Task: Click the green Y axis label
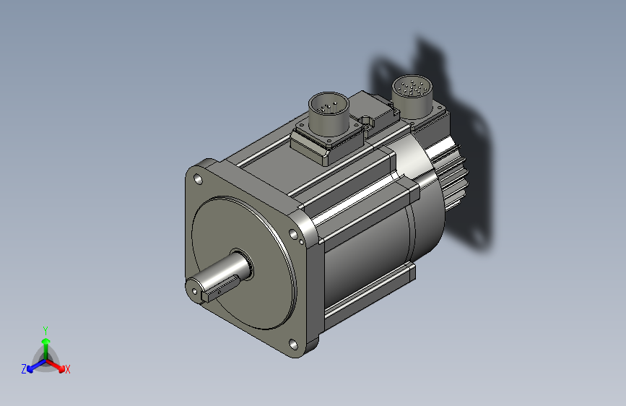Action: click(45, 331)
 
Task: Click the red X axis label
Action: click(67, 370)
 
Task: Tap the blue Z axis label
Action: click(24, 369)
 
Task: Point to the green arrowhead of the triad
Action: click(46, 341)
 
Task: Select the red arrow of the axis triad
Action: click(56, 366)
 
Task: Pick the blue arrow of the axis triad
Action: click(36, 366)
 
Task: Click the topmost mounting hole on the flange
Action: click(198, 179)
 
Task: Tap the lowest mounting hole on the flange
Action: click(293, 344)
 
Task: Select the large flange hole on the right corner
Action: click(293, 234)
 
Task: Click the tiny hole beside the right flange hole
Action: click(301, 241)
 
